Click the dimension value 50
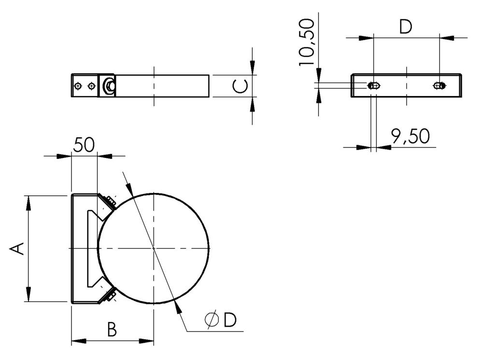[84, 144]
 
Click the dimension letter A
[17, 249]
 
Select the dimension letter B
[112, 330]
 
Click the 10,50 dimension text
[307, 42]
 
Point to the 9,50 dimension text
[410, 137]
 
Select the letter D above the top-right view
[406, 28]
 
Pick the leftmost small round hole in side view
[78, 86]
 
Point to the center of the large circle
[154, 248]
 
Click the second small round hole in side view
[91, 86]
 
